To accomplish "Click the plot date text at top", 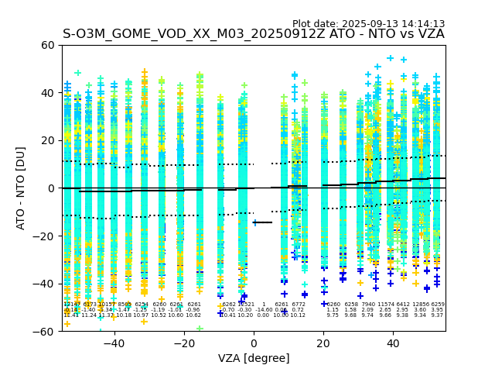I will click(x=368, y=24).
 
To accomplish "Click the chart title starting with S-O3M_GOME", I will click(x=253, y=34).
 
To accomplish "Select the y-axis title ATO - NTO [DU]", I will click(x=21, y=188).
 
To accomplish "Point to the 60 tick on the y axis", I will click(x=48, y=45).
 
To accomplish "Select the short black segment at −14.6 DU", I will click(x=263, y=222).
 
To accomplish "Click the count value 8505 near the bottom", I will click(x=125, y=305).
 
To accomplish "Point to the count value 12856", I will click(x=421, y=305).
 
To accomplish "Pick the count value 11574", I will click(x=385, y=305).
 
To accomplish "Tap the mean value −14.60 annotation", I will click(x=264, y=310).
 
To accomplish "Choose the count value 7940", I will click(x=367, y=305).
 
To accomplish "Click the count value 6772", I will click(x=299, y=305).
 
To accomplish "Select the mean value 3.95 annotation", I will click(x=438, y=310).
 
